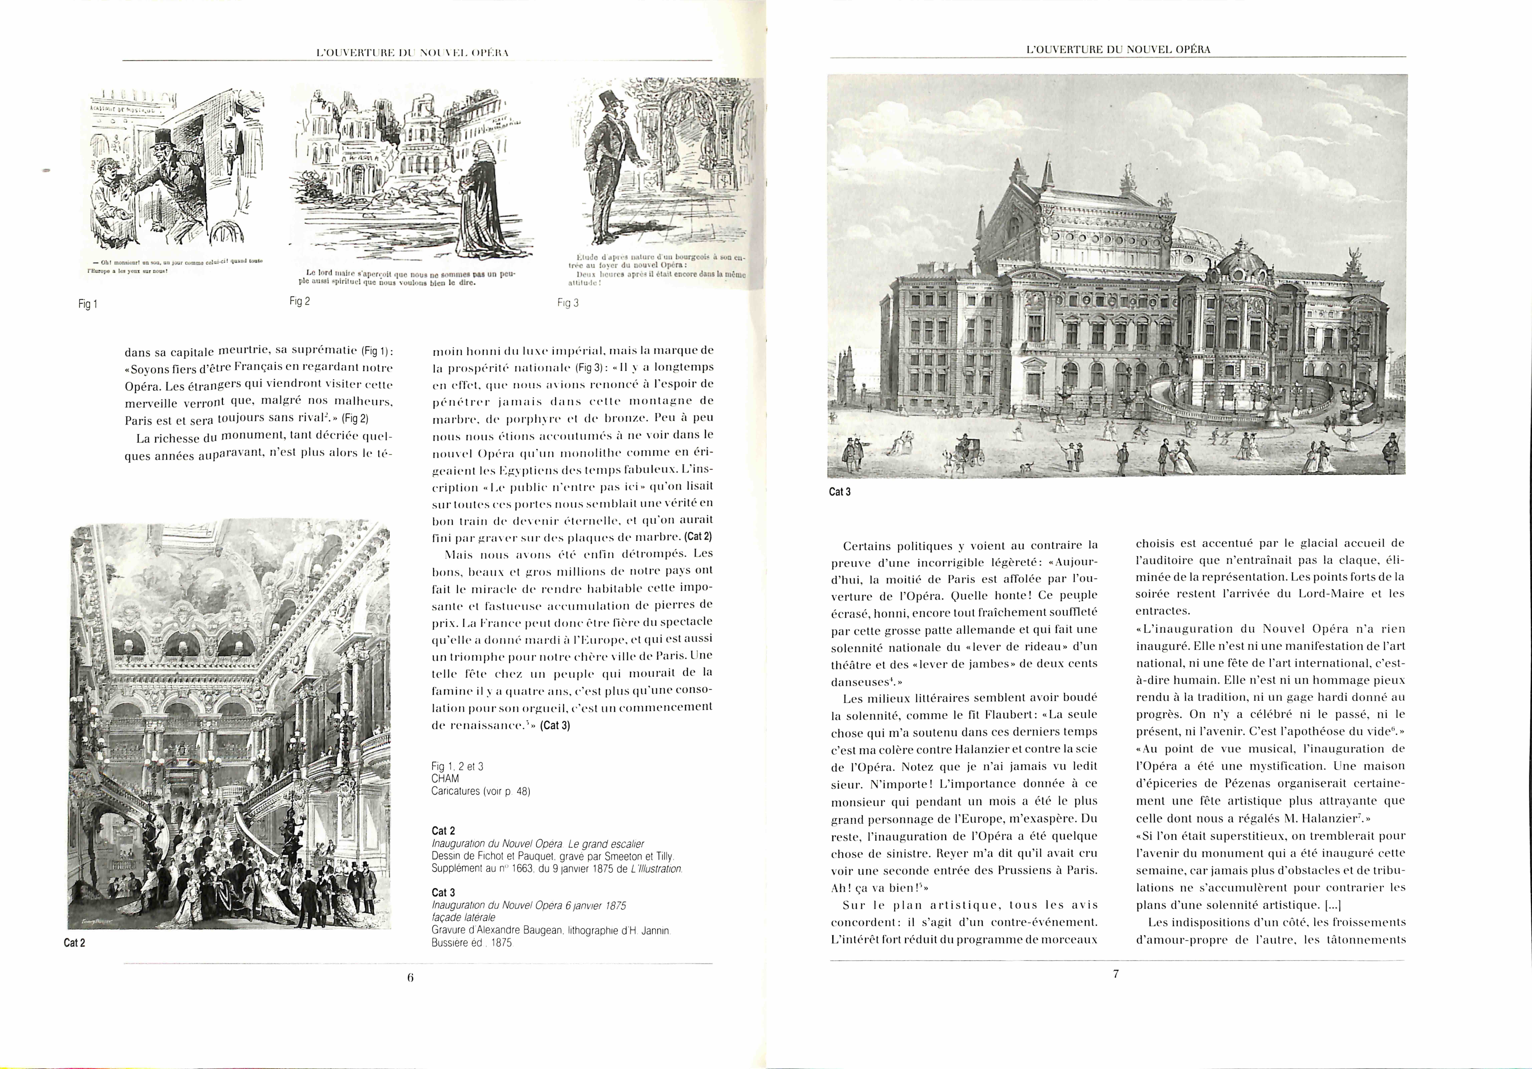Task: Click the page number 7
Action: pos(1116,974)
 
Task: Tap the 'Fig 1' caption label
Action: pos(87,304)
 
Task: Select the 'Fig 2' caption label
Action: pos(300,301)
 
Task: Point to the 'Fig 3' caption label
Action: pos(568,303)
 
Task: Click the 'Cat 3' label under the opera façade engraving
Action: pos(839,492)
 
